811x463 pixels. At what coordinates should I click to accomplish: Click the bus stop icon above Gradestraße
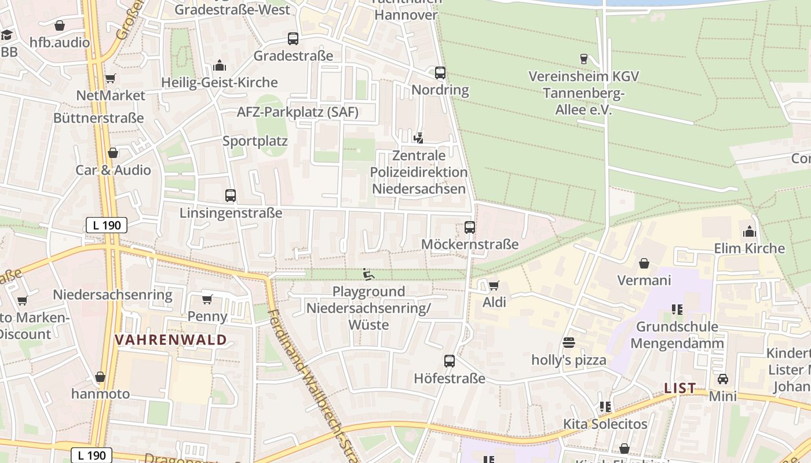point(293,39)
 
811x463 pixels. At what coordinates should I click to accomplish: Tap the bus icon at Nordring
point(440,73)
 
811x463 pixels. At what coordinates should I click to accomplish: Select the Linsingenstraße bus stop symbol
point(231,196)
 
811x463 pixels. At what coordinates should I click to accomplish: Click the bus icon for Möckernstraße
point(470,227)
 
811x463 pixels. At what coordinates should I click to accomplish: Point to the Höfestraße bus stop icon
point(450,361)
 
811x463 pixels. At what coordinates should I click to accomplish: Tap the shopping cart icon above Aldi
point(494,285)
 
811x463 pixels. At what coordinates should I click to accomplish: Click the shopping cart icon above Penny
point(207,299)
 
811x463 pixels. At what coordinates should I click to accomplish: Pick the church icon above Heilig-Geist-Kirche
point(220,65)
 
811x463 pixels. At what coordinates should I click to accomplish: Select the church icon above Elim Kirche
point(750,231)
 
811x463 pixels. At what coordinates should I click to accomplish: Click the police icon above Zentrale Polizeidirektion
point(419,138)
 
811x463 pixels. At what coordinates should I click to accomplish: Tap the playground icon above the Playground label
point(368,274)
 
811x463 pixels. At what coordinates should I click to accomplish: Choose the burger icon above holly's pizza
point(569,343)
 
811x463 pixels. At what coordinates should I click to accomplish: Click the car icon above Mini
point(723,379)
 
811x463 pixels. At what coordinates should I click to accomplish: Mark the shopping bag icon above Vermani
point(644,263)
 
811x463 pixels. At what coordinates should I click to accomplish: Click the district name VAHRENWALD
point(170,340)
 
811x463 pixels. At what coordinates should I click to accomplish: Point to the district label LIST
point(680,388)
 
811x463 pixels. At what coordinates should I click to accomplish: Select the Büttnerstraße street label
point(98,118)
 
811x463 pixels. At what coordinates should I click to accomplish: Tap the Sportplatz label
point(255,141)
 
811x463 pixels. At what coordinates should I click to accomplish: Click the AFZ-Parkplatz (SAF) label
point(298,112)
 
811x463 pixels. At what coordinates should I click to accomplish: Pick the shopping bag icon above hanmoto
point(100,377)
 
